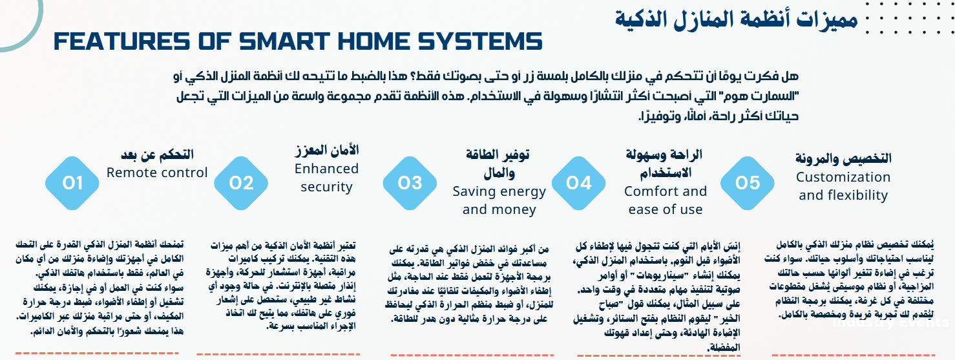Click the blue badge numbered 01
click(x=72, y=183)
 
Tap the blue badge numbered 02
click(x=241, y=183)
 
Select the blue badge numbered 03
click(x=410, y=183)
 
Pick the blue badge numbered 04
click(x=578, y=183)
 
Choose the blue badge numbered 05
click(x=747, y=183)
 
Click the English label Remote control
click(x=157, y=173)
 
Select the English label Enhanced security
click(x=326, y=178)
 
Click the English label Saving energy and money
click(x=499, y=200)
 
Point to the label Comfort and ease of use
click(x=666, y=200)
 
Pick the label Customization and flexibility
click(x=843, y=186)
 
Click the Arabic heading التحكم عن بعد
click(x=157, y=154)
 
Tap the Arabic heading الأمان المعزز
click(x=326, y=150)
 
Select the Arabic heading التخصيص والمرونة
click(x=843, y=158)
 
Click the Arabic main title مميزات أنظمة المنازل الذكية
click(x=737, y=19)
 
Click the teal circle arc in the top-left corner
click(x=36, y=29)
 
